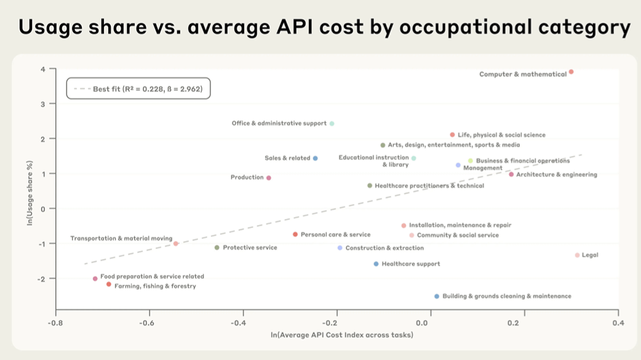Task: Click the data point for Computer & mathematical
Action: pyautogui.click(x=571, y=72)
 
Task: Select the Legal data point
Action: pyautogui.click(x=577, y=255)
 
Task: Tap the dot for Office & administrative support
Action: pyautogui.click(x=332, y=124)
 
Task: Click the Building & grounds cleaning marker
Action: pyautogui.click(x=437, y=296)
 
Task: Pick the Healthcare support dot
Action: pyautogui.click(x=376, y=264)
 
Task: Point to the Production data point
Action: pyautogui.click(x=269, y=178)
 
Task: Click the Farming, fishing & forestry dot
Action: pyautogui.click(x=109, y=284)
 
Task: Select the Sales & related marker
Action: pyautogui.click(x=316, y=158)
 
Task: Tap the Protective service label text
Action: pyautogui.click(x=250, y=248)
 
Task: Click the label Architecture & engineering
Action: pyautogui.click(x=556, y=175)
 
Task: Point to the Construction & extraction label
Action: pyautogui.click(x=384, y=249)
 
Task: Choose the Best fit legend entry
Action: pyautogui.click(x=138, y=89)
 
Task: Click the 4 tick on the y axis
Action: pyautogui.click(x=43, y=69)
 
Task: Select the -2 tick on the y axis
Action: pyautogui.click(x=42, y=279)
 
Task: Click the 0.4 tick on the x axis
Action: pyautogui.click(x=618, y=322)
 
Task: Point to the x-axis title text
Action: pyautogui.click(x=342, y=335)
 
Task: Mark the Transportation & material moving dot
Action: pyautogui.click(x=176, y=244)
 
